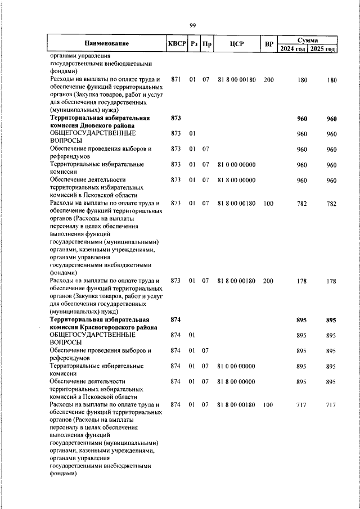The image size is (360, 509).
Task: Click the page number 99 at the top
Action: [192, 25]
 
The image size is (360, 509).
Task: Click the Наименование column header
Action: [107, 44]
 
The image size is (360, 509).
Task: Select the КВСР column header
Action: [176, 44]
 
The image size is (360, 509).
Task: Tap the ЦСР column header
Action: [236, 44]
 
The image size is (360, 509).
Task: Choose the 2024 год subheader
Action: [292, 48]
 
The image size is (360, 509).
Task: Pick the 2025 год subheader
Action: [323, 48]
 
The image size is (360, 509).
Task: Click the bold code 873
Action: [175, 119]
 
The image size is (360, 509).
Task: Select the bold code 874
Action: [175, 320]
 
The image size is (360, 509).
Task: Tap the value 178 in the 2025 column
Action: [331, 281]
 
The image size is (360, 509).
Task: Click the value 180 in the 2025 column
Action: [331, 80]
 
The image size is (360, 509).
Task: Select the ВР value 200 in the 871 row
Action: [268, 80]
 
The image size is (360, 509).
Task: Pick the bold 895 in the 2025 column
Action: [331, 320]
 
